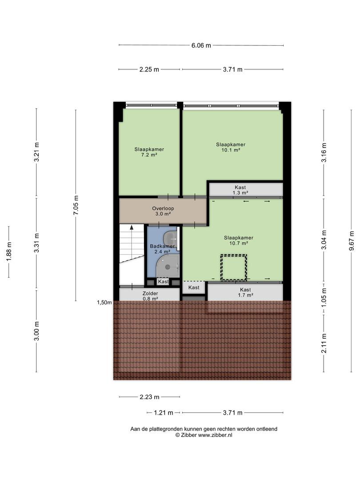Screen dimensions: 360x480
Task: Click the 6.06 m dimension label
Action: (x=201, y=45)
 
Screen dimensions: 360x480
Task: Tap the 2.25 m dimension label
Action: (x=149, y=69)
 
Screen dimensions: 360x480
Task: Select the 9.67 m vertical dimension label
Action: (x=351, y=240)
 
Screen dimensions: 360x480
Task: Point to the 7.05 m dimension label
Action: (x=76, y=205)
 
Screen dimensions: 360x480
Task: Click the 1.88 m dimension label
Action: (x=8, y=252)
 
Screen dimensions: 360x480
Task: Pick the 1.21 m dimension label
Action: (x=164, y=412)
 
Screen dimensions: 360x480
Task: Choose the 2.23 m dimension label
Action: (x=149, y=397)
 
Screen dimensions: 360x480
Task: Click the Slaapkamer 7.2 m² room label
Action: (x=149, y=152)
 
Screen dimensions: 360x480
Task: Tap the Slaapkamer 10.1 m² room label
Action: (x=231, y=147)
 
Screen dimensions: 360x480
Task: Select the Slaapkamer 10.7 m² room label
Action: (x=239, y=240)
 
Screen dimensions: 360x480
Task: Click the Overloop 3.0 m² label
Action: (x=163, y=211)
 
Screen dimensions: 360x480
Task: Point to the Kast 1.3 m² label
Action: (x=240, y=190)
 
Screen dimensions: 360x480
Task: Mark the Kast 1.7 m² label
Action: (x=245, y=292)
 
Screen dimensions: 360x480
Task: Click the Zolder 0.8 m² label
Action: (x=150, y=296)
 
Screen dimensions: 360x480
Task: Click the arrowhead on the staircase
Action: (x=132, y=228)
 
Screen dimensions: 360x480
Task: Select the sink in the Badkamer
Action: (x=170, y=238)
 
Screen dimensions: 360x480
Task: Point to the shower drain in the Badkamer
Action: (x=168, y=267)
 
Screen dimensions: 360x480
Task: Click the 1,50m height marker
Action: (x=104, y=303)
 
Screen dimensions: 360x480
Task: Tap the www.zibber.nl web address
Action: (x=215, y=435)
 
